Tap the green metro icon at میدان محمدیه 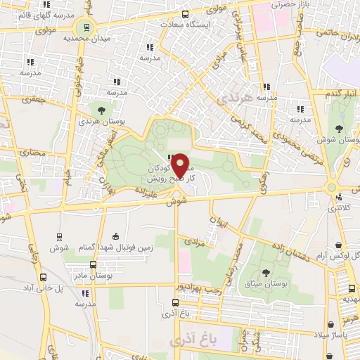click(86, 28)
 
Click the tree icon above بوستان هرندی click(102, 110)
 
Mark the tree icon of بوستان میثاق click(266, 271)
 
